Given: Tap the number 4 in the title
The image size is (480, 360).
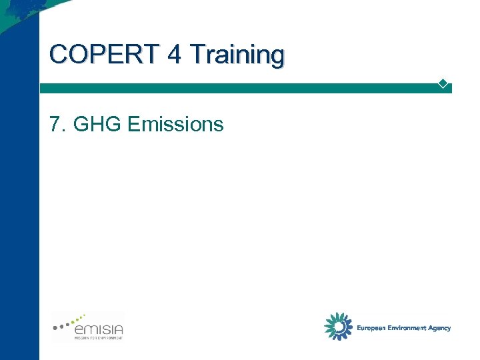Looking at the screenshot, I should (175, 54).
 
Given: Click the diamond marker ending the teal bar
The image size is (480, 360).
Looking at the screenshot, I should (442, 83).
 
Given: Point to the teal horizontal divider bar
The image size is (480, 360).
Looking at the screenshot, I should (240, 88).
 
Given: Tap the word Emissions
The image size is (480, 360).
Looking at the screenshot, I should (175, 124).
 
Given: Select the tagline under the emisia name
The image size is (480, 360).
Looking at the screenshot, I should (98, 338).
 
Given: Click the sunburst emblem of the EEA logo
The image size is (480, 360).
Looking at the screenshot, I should (338, 326).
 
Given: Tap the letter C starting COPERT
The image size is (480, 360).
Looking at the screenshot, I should (58, 54).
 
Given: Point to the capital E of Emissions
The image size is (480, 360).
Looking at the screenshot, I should (132, 124).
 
